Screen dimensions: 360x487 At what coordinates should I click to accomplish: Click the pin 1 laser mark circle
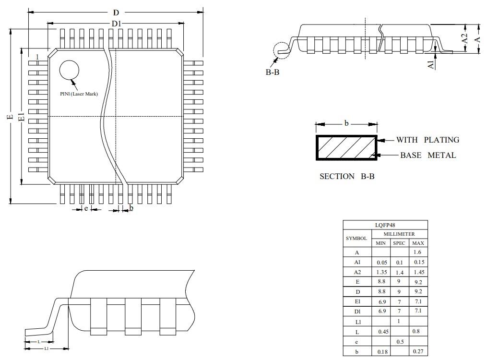pos(69,70)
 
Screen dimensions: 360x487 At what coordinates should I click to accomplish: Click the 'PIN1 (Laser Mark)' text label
pos(79,94)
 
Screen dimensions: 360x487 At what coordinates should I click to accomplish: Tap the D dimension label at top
pos(116,13)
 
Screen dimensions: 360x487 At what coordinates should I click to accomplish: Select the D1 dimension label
pos(116,24)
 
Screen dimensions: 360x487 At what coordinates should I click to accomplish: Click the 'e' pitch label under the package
pos(86,208)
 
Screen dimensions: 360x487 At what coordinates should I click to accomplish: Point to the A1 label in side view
pos(431,63)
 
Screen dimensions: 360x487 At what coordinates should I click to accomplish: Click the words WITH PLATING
pos(427,140)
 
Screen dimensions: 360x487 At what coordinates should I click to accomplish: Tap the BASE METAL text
pos(428,155)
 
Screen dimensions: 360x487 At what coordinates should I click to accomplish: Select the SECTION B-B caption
pos(347,176)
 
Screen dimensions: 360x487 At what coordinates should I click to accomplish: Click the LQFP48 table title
pos(385,225)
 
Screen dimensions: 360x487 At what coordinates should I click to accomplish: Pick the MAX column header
pos(418,243)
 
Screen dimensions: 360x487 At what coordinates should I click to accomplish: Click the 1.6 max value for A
pos(417,252)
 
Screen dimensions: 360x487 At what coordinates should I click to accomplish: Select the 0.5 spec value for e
pos(399,342)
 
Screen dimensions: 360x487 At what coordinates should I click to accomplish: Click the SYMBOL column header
pos(356,238)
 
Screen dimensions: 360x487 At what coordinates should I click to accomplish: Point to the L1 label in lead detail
pos(47,348)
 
